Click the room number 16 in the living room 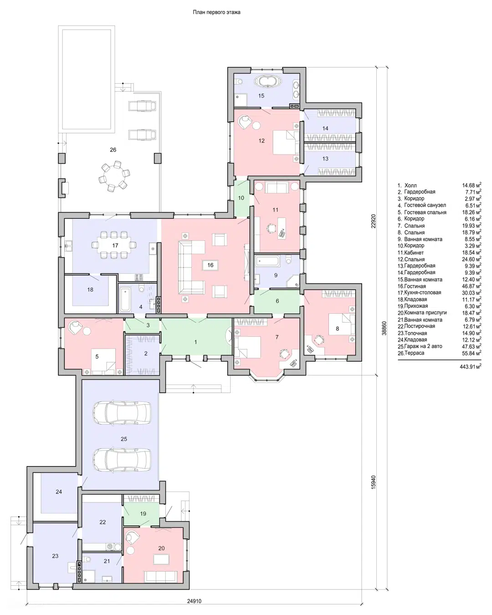pos(210,265)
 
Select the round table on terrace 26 pos(113,176)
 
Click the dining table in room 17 pos(114,245)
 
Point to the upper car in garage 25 pos(123,412)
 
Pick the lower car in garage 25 pos(123,460)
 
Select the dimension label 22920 pos(374,221)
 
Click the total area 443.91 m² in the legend pos(470,366)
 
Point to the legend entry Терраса pos(415,353)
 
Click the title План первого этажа pos(216,12)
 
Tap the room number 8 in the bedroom pos(337,328)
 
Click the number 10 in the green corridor pos(241,198)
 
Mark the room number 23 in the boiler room pos(55,556)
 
